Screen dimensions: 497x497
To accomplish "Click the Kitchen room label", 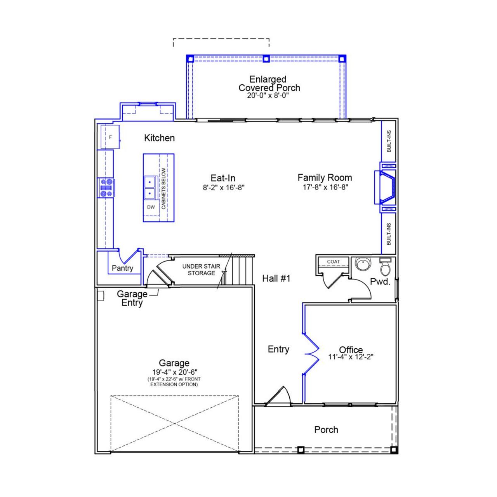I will (159, 138).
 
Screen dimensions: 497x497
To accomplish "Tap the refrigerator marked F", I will (110, 137).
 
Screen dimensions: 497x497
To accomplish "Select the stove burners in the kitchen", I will (106, 188).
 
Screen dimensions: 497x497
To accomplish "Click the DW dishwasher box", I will (151, 207).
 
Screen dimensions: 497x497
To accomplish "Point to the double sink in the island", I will (149, 188).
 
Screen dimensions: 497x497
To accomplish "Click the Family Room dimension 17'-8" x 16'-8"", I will (325, 188).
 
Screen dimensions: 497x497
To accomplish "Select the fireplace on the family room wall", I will (386, 187).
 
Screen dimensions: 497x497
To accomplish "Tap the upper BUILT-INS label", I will (389, 141).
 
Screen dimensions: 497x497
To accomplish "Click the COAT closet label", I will (333, 262).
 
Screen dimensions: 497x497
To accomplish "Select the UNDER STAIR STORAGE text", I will (201, 270).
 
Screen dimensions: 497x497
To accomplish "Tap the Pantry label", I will (122, 268).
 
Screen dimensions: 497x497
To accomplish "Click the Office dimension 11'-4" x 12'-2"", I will (351, 357).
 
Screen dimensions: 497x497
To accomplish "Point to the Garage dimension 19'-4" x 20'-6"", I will (174, 372).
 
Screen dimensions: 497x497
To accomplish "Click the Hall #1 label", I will (276, 278).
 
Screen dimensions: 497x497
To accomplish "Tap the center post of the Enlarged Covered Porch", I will (266, 59).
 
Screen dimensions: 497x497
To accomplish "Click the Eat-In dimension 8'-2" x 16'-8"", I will (223, 188).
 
